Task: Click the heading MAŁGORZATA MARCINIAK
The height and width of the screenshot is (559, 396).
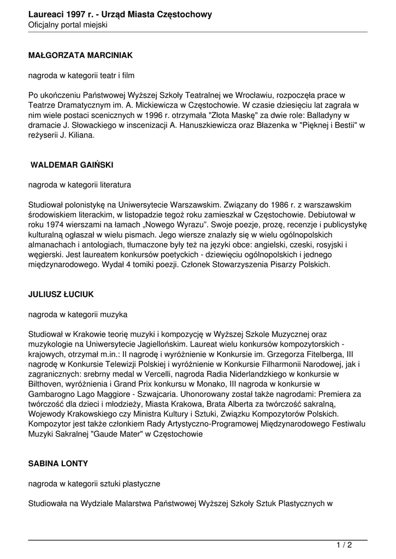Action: (x=80, y=55)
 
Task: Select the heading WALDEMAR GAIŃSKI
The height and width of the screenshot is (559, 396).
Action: (x=72, y=164)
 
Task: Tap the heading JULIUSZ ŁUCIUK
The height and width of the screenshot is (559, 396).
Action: (x=61, y=294)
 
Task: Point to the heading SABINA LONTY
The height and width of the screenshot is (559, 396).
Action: (x=58, y=463)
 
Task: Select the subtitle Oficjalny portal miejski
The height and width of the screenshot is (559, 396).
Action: (x=68, y=25)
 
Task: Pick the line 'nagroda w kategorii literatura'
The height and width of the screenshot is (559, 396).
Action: (x=80, y=185)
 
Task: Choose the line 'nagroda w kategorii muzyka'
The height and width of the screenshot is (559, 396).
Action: (x=78, y=314)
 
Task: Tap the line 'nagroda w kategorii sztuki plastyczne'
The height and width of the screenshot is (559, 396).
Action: (x=94, y=483)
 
